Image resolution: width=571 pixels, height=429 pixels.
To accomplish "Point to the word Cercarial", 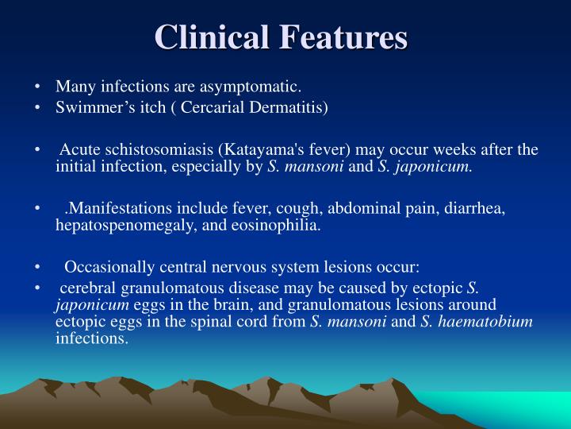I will click(210, 106).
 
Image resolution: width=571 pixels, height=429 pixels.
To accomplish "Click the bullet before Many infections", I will click(38, 87).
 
